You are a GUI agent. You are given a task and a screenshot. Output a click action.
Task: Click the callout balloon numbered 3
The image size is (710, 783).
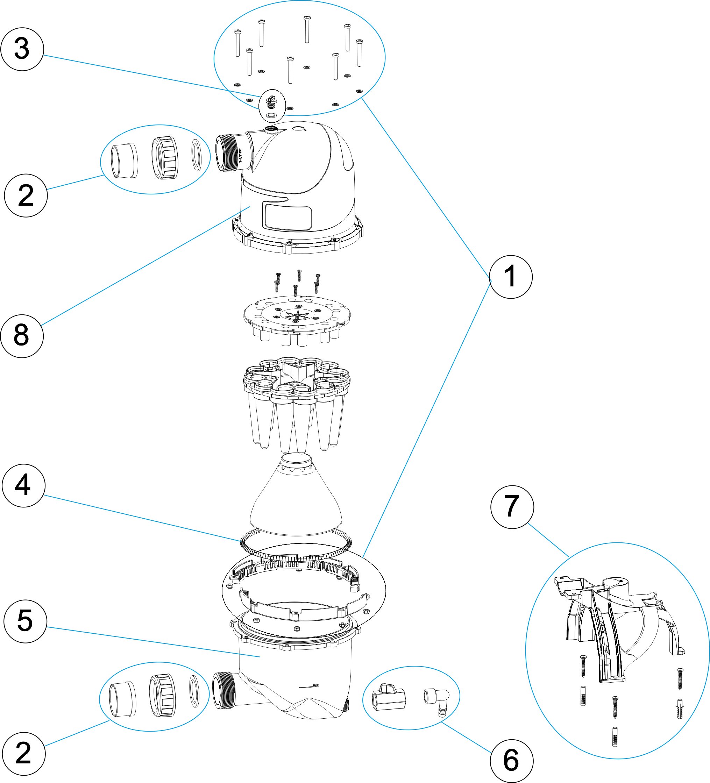click(22, 49)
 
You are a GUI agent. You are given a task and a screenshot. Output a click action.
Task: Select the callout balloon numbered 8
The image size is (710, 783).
click(22, 336)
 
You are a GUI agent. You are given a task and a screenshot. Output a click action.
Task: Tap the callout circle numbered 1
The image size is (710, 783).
click(510, 277)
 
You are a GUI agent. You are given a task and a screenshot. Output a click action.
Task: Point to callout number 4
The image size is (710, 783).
click(23, 485)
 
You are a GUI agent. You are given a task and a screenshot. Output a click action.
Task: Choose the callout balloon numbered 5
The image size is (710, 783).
click(25, 621)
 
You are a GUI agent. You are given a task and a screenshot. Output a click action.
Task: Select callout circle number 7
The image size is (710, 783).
click(512, 507)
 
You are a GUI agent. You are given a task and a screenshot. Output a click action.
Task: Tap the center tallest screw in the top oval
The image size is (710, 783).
click(307, 29)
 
